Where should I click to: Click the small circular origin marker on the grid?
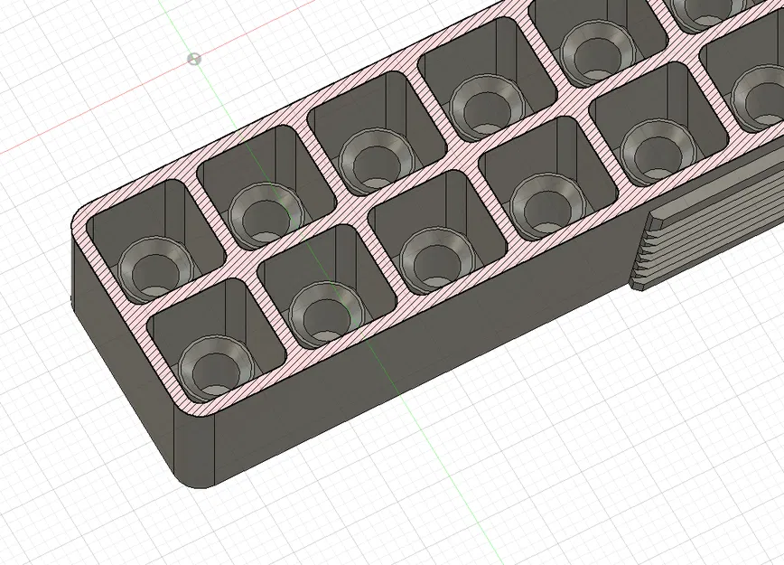(193, 59)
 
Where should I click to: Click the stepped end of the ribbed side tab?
(641, 258)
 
